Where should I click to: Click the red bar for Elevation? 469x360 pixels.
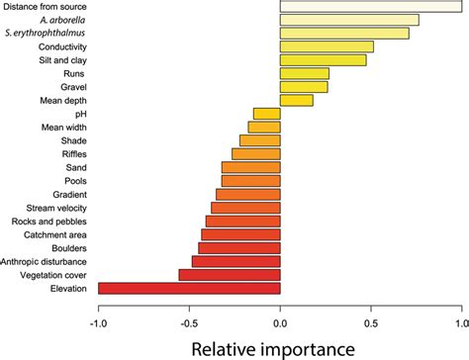pyautogui.click(x=189, y=288)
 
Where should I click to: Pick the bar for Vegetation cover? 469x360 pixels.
pyautogui.click(x=230, y=274)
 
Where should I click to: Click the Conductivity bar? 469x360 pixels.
pyautogui.click(x=327, y=46)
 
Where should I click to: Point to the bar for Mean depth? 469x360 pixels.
pyautogui.click(x=297, y=100)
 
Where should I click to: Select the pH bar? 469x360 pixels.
pyautogui.click(x=267, y=114)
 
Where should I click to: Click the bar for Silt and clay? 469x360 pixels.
pyautogui.click(x=324, y=60)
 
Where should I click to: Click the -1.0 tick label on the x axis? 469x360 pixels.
pyautogui.click(x=98, y=322)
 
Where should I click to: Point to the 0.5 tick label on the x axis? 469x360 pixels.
pyautogui.click(x=371, y=322)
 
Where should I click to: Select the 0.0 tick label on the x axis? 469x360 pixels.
pyautogui.click(x=280, y=322)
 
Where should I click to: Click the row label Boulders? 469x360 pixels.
pyautogui.click(x=73, y=247)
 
